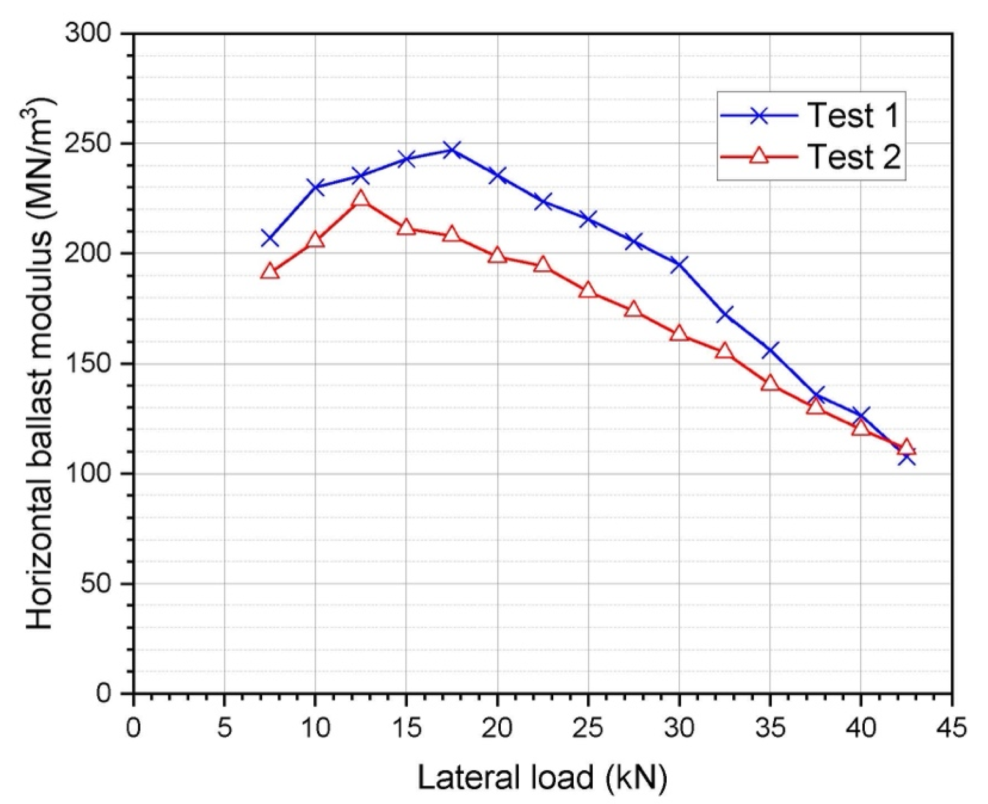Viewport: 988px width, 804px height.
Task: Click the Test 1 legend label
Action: click(x=854, y=115)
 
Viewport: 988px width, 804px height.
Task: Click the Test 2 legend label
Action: click(x=855, y=157)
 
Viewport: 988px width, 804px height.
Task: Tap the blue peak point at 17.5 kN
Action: click(x=451, y=150)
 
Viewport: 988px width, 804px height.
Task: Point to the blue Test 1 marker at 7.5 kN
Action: click(x=270, y=238)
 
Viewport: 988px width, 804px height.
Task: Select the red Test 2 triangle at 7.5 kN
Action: click(x=270, y=272)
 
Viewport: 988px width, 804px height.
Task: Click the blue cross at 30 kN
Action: click(x=679, y=264)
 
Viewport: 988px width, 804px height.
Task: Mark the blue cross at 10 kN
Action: click(x=315, y=187)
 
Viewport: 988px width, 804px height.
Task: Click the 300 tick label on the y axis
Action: click(x=88, y=33)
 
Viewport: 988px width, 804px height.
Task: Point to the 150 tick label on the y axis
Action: click(x=88, y=364)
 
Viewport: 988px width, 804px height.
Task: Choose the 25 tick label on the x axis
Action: click(x=588, y=728)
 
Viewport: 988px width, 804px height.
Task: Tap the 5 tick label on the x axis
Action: click(x=225, y=728)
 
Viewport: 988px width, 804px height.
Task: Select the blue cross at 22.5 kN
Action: click(x=543, y=202)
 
